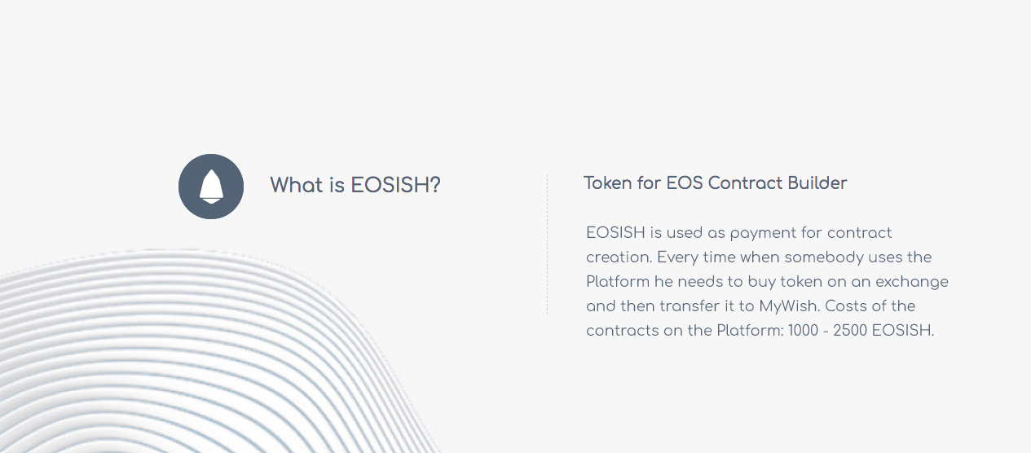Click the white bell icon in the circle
211,187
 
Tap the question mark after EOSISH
435,185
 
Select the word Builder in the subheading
817,183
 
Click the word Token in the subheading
608,183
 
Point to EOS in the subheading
685,183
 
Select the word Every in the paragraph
677,258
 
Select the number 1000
803,330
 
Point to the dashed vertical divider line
547,244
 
